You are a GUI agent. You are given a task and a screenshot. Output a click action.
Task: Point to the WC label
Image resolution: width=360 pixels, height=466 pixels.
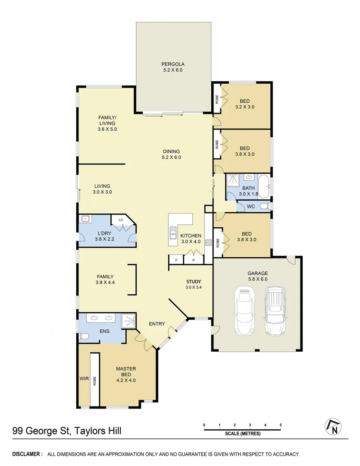[x=251, y=207]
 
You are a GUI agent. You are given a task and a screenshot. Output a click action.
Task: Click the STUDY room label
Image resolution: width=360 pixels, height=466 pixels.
[x=194, y=281]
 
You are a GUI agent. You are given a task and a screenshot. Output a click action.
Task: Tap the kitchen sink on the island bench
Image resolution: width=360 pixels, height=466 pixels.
[x=173, y=233]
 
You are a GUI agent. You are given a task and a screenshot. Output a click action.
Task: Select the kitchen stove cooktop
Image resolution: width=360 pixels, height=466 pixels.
[x=208, y=242]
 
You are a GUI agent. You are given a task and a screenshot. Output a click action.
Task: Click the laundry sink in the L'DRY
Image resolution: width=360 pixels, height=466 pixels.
[x=85, y=219]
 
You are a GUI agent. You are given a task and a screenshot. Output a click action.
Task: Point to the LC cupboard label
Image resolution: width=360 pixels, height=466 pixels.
[x=121, y=220]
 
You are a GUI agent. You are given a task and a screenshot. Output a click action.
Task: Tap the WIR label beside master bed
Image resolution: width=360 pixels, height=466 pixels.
[x=84, y=378]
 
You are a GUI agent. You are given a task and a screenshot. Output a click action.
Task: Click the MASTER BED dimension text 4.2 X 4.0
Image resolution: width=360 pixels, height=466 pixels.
[x=126, y=380]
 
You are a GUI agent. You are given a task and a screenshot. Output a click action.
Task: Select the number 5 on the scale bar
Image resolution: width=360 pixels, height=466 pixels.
[x=281, y=425]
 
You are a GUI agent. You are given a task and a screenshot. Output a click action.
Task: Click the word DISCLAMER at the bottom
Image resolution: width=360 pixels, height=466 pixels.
[x=27, y=454]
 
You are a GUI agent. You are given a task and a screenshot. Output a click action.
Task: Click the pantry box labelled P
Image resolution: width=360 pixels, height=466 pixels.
[x=194, y=260]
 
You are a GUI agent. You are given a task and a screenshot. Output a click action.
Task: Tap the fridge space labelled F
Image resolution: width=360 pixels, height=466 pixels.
[x=176, y=260]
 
